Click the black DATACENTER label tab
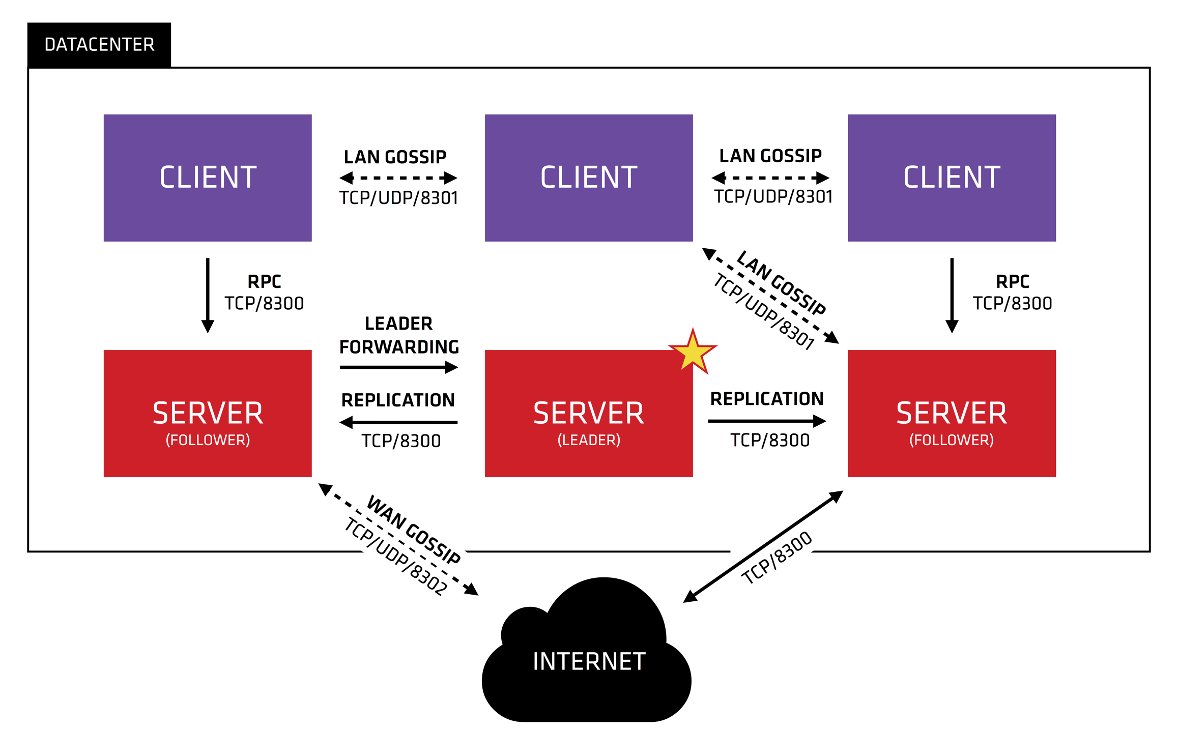point(99,45)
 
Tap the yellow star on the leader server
point(692,352)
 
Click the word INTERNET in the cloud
point(589,662)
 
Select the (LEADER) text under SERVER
point(589,440)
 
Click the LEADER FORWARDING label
point(399,335)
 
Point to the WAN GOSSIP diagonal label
point(413,530)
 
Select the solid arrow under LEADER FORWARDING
point(398,367)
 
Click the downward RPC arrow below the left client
point(208,295)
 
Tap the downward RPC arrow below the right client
point(952,295)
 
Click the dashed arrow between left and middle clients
point(398,178)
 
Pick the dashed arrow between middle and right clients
point(770,178)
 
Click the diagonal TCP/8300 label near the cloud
point(777,558)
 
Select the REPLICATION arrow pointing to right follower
point(766,421)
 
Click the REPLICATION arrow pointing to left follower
point(398,422)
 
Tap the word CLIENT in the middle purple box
point(589,178)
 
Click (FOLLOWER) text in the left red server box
point(208,440)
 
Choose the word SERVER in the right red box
point(951,413)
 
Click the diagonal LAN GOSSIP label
point(781,283)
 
